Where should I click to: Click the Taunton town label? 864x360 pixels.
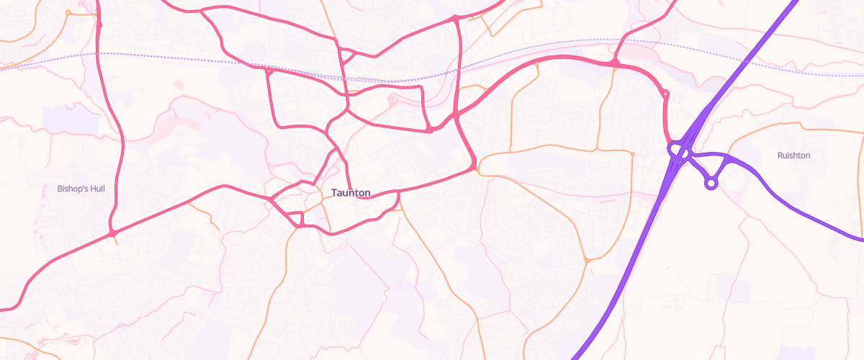351,193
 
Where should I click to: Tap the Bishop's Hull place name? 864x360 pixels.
81,189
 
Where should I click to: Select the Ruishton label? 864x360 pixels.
793,156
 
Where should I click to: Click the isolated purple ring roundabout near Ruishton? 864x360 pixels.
711,183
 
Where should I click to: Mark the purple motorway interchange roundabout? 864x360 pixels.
678,150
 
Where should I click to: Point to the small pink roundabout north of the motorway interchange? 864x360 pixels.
665,94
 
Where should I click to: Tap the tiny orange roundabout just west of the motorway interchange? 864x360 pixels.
632,153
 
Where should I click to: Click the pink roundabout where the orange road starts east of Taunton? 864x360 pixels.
473,168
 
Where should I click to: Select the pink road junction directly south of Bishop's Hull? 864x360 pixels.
113,234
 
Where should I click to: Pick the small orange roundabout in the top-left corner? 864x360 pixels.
68,12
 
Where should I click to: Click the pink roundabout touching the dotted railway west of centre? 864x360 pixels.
268,71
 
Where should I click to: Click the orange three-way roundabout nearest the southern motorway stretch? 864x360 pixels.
587,260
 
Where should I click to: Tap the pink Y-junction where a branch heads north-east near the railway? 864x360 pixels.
616,64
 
